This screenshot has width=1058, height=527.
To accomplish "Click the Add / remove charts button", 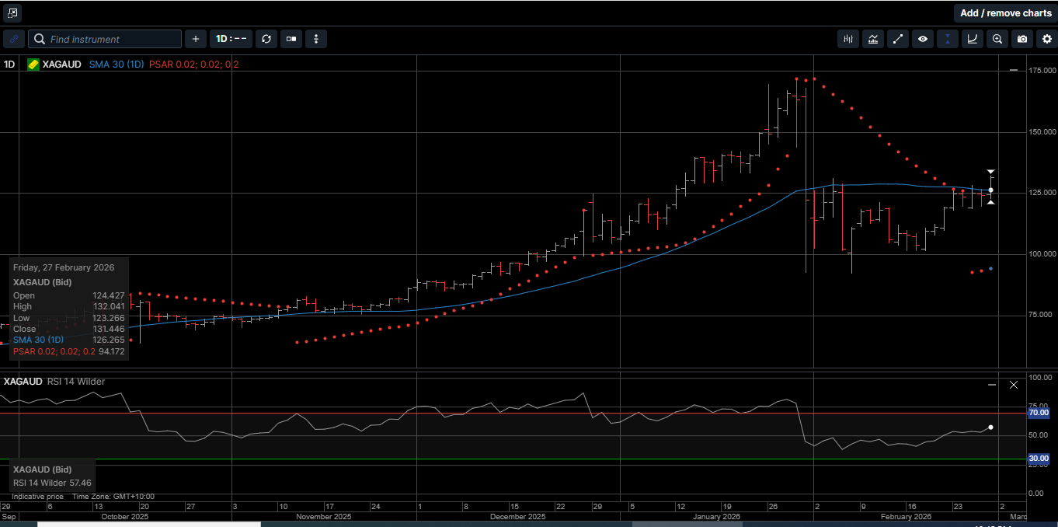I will (1005, 13).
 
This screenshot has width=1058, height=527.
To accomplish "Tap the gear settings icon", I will (1047, 39).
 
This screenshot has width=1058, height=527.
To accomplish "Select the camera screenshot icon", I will (1022, 39).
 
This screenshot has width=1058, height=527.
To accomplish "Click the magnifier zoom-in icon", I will (997, 39).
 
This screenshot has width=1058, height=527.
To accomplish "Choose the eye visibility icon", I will (923, 39).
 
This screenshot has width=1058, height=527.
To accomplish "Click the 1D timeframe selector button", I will (231, 39).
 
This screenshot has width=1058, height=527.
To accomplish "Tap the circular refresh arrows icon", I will (266, 39).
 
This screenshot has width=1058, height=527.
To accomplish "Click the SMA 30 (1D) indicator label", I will (117, 65).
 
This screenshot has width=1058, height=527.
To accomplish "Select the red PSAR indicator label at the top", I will (194, 65).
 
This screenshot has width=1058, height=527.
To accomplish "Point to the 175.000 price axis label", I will (1042, 72).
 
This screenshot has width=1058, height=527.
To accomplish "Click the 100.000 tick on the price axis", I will (1042, 254).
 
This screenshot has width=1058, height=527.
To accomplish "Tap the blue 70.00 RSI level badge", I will (1039, 414).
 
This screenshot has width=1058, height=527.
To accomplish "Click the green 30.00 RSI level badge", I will (1039, 459).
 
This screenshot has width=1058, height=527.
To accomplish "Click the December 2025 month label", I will (519, 517).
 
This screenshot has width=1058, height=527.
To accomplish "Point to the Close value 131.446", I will (109, 329).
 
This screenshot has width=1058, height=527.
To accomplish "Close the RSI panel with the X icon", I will (1013, 385).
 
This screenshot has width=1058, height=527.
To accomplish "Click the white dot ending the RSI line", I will (990, 427).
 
